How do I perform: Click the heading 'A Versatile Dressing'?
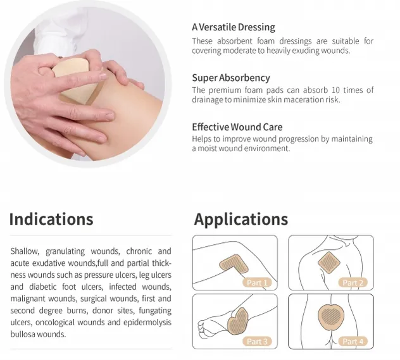pyautogui.click(x=233, y=27)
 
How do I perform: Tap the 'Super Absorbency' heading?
pyautogui.click(x=230, y=78)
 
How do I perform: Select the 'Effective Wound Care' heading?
pyautogui.click(x=237, y=127)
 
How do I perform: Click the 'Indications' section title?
pyautogui.click(x=51, y=220)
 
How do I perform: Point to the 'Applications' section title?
pyautogui.click(x=241, y=220)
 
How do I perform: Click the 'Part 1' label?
pyautogui.click(x=257, y=283)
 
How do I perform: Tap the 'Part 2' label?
pyautogui.click(x=353, y=283)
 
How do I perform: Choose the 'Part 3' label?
pyautogui.click(x=257, y=342)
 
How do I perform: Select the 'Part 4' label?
pyautogui.click(x=353, y=342)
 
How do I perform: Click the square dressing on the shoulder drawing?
pyautogui.click(x=329, y=261)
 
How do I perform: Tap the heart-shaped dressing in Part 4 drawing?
pyautogui.click(x=331, y=314)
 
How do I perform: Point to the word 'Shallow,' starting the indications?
pyautogui.click(x=25, y=251)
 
